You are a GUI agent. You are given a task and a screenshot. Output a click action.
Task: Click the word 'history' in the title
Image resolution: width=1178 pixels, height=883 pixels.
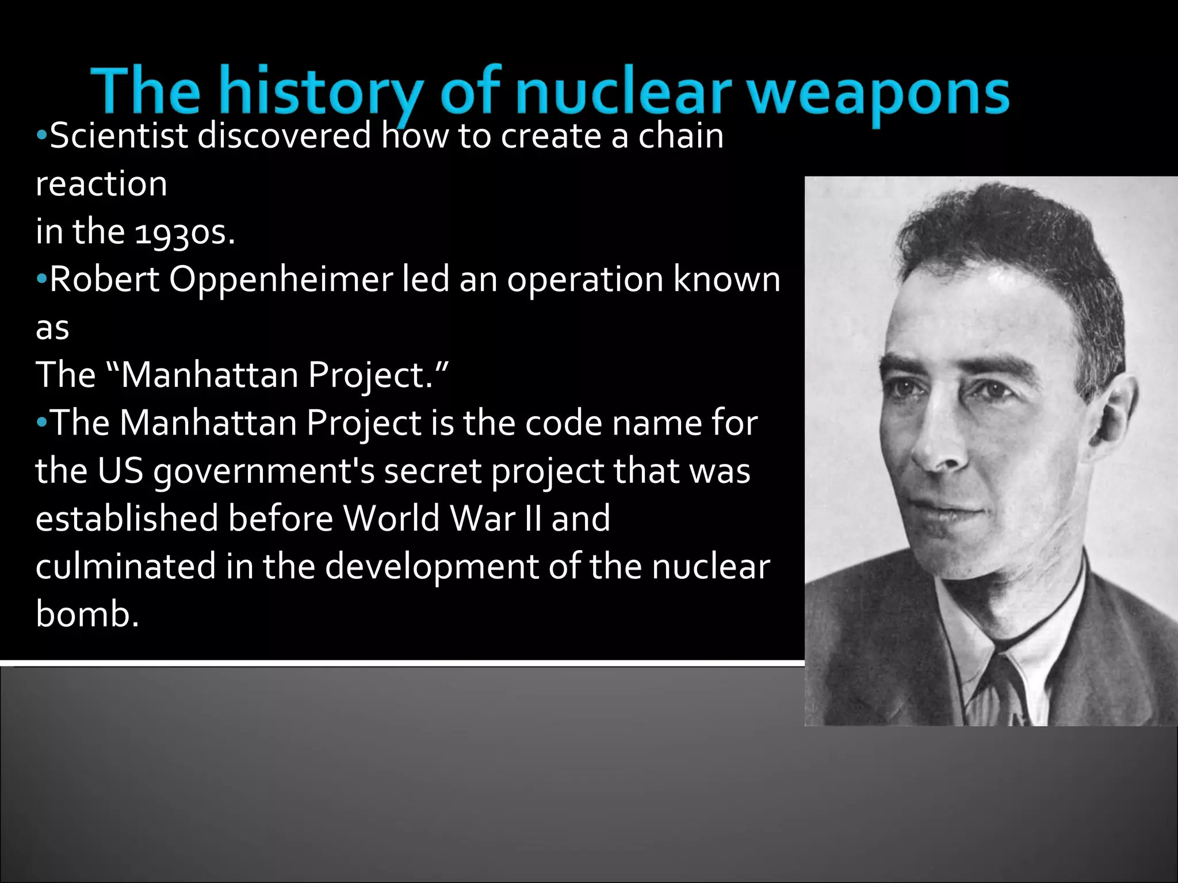coord(323,92)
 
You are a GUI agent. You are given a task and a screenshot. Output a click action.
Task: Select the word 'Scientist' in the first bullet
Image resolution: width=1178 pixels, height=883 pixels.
coord(118,136)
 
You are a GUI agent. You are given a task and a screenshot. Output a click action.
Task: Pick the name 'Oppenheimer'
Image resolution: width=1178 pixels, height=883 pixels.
coord(281,280)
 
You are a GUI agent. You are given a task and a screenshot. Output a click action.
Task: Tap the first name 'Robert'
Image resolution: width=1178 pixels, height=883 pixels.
coord(104,280)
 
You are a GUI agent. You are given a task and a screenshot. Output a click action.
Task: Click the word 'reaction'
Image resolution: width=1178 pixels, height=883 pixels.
coord(101,185)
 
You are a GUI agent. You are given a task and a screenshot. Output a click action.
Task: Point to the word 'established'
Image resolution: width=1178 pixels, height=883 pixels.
coord(127,519)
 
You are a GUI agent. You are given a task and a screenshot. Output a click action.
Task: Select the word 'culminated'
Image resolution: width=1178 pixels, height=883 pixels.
coord(125,566)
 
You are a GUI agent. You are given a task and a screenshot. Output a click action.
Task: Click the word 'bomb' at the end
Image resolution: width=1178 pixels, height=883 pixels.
coord(83,614)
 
